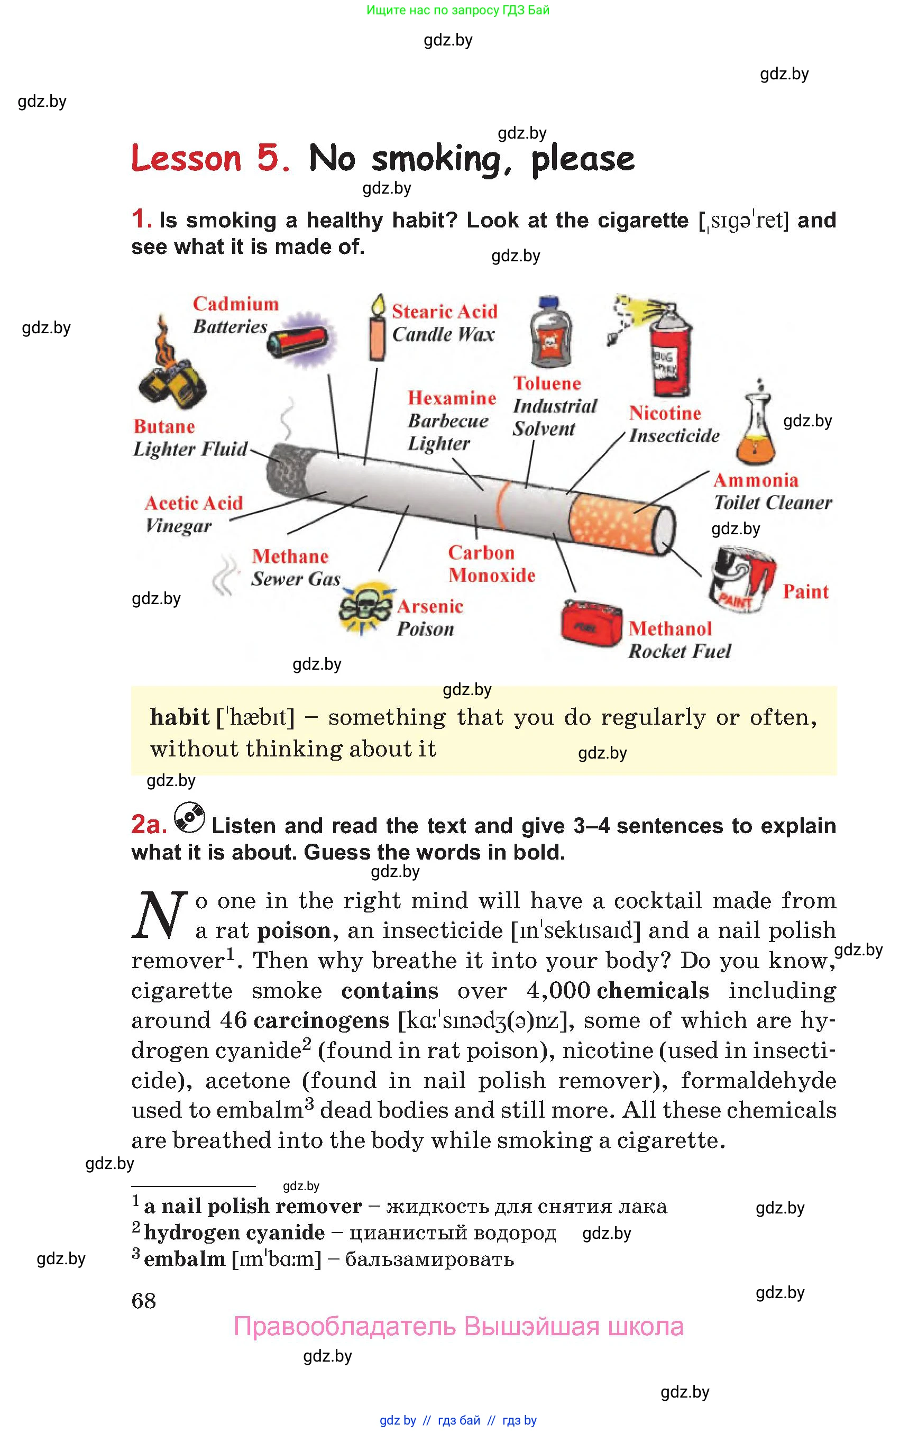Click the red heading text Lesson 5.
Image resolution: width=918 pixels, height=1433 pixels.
pos(210,159)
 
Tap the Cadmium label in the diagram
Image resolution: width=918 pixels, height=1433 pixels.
pos(235,304)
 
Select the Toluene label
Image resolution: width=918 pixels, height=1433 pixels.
pos(547,384)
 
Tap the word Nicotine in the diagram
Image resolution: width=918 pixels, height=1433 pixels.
pos(665,413)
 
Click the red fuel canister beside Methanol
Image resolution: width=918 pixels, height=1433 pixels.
pos(591,623)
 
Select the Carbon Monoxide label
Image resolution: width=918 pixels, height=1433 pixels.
pos(491,563)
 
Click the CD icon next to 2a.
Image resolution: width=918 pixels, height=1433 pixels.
pos(189,818)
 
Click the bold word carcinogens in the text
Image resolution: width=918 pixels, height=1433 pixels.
pos(322,1020)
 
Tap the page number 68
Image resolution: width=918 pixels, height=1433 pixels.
pos(144,1301)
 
